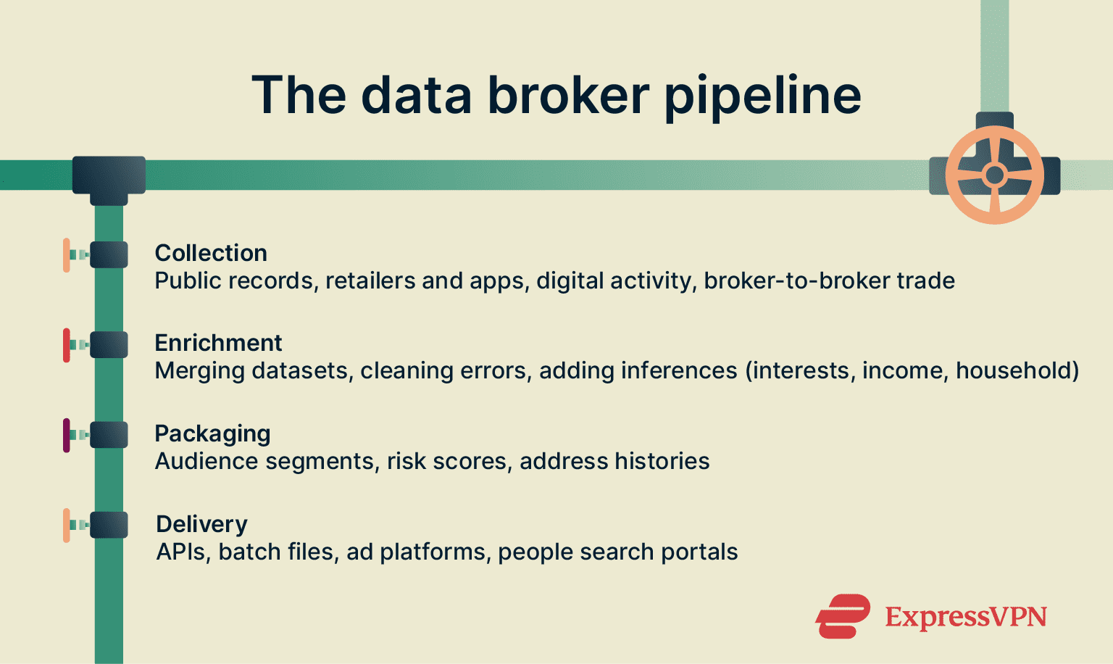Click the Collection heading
point(211,253)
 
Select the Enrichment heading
point(218,343)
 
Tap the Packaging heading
point(212,433)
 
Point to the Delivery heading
point(201,524)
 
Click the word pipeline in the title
point(762,96)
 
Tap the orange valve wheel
point(994,175)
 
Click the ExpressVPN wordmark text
point(965,617)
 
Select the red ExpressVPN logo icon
point(843,616)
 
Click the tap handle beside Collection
point(67,255)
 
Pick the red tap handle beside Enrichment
point(67,345)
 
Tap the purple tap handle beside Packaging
point(67,435)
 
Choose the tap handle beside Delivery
point(67,526)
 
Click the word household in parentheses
point(1013,370)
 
